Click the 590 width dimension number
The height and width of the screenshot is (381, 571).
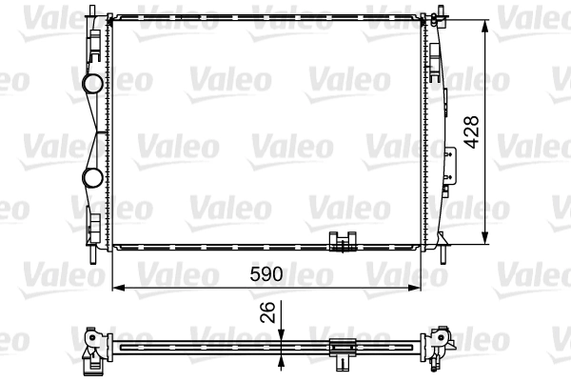point(266,274)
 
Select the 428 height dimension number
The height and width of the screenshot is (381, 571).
point(471,130)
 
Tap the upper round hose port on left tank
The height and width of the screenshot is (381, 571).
point(93,85)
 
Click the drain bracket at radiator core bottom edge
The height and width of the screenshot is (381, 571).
point(340,243)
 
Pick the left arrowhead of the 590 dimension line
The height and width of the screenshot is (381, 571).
point(118,286)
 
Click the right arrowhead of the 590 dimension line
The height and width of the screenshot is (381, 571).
point(420,286)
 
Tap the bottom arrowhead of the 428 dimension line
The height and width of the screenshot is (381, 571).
point(487,240)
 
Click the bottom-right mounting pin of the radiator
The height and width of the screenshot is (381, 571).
point(443,253)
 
